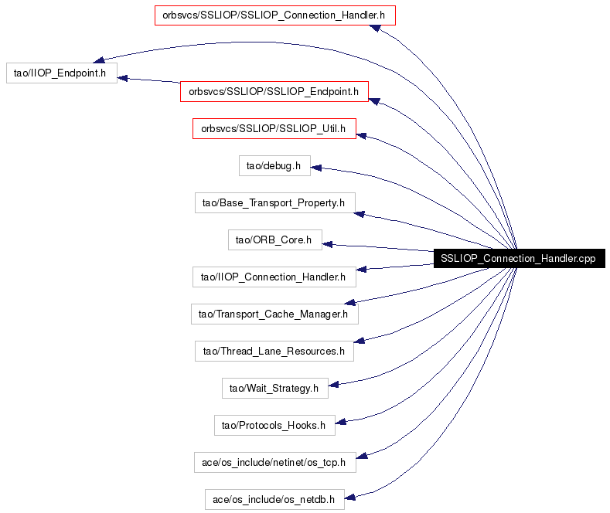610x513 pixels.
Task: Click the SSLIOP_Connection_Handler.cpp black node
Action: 520,259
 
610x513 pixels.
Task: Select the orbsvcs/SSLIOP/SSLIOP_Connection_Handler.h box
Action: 275,15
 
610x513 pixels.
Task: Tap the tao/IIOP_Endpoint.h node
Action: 62,73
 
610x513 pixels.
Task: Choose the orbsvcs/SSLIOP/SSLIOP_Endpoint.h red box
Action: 274,92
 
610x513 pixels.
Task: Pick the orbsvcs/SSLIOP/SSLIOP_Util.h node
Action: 274,129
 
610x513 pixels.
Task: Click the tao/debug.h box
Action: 274,166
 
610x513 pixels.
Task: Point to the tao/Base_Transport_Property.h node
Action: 275,203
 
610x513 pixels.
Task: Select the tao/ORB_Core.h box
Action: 275,240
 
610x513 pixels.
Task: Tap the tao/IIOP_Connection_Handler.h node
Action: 274,277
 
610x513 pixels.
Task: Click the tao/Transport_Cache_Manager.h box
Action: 274,314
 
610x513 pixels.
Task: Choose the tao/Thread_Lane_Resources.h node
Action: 274,352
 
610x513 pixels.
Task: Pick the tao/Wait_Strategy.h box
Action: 275,389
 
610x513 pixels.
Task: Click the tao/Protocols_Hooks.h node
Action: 274,425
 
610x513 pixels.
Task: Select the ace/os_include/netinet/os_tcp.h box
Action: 275,463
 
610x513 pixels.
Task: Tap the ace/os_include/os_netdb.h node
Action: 274,499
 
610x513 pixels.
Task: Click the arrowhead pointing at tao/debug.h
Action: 316,168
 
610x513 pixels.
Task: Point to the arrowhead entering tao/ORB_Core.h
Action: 328,244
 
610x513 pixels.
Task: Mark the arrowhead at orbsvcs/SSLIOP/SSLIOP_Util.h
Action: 361,136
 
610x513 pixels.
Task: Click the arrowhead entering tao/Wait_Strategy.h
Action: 334,385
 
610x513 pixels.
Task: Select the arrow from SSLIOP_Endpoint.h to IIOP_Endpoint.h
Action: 148,80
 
